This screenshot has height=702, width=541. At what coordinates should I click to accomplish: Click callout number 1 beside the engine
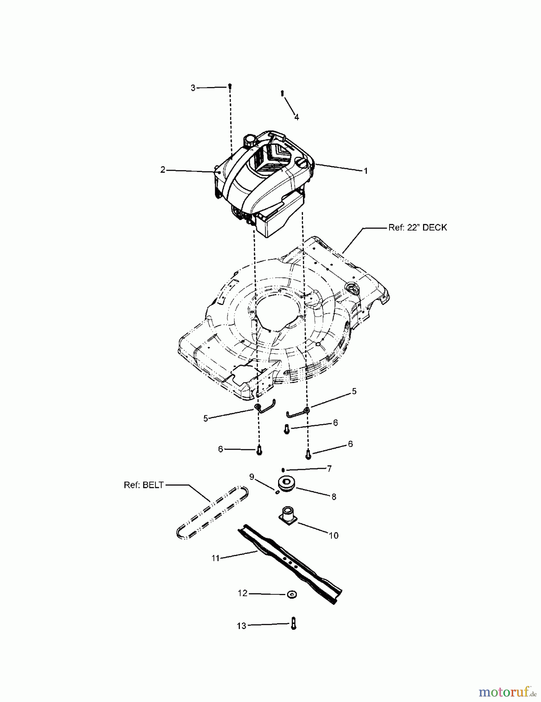pos(365,171)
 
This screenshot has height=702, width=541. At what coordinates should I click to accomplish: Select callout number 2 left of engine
pos(163,170)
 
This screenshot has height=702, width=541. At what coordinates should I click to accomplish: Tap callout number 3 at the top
pos(193,88)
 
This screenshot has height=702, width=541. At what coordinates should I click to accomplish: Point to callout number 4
pos(296,117)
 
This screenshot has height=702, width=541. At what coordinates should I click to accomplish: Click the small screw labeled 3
pos(230,86)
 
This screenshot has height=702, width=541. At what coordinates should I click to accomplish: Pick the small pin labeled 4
pos(282,93)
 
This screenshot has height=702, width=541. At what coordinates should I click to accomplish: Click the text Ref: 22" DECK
pos(418,227)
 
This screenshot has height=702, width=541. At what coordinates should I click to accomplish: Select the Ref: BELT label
pos(144,485)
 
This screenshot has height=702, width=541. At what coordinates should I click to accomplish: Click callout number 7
pos(329,468)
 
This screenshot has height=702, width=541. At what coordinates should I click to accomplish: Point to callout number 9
pos(252,477)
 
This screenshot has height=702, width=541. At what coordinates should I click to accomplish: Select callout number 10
pos(333,535)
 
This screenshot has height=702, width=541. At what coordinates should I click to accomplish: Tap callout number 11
pos(216,558)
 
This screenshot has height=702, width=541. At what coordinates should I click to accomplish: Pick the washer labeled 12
pos(291,594)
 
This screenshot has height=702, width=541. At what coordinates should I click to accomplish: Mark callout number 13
pos(241,626)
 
